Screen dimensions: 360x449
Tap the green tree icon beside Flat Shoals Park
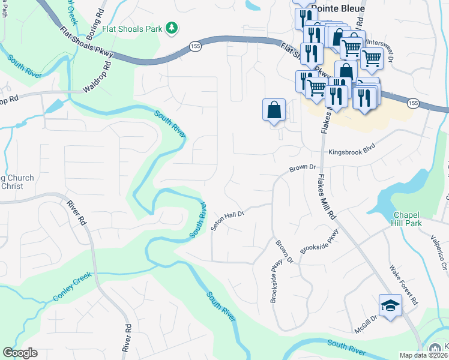point(172,28)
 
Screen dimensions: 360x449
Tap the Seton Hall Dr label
point(227,222)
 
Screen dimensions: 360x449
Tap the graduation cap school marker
point(390,305)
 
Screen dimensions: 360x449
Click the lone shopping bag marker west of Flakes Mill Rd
point(274,110)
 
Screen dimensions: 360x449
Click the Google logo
point(20,353)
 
